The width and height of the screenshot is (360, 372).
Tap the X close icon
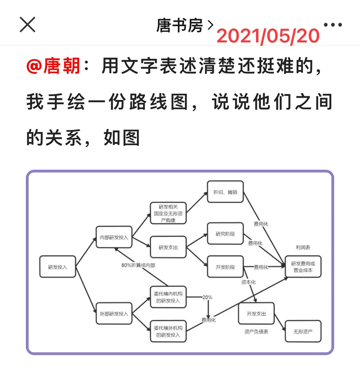pos(27,25)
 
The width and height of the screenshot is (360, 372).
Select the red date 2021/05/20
pos(268,37)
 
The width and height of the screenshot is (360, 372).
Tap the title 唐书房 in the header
pos(180,25)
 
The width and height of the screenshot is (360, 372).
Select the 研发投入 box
pos(57,267)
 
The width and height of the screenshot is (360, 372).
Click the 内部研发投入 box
pos(114,237)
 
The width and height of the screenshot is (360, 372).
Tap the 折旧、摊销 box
pos(225,192)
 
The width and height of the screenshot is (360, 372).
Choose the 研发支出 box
pos(168,248)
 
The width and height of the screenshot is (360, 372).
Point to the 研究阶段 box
pos(225,233)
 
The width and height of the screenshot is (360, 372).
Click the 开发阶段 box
pos(225,267)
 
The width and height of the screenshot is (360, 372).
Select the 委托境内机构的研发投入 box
pos(167,297)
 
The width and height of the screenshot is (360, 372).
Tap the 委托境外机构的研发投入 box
pos(167,331)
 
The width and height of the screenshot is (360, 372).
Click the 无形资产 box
pos(303,331)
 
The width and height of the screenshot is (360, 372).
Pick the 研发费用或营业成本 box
pos(303,267)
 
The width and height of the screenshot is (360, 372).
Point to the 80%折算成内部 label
pos(138,265)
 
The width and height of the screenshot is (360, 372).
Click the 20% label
pos(207,297)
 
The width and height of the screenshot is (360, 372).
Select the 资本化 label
pos(248,282)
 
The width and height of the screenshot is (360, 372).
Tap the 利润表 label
pos(303,247)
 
